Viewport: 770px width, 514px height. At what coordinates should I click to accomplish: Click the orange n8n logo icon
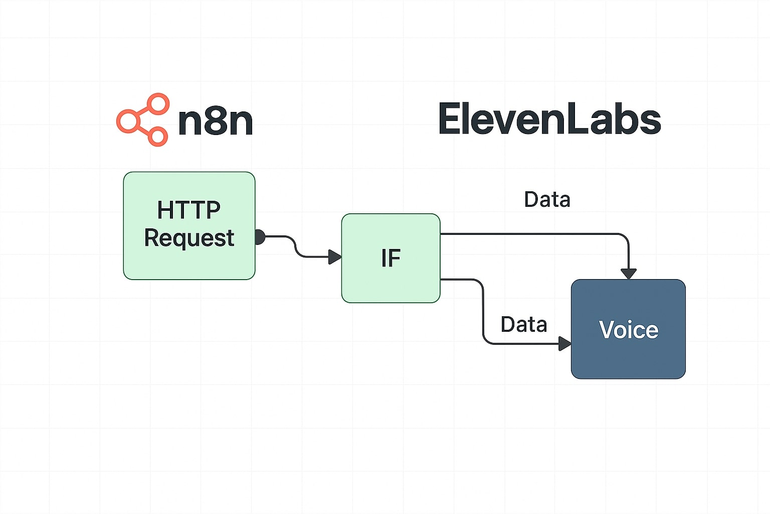click(142, 120)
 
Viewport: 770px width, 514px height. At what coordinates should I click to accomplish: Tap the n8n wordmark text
click(215, 121)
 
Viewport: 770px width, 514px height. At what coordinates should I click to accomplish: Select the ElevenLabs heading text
click(549, 119)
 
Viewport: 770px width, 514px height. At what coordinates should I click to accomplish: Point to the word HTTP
click(189, 210)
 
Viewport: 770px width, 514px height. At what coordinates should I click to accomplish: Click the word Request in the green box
click(189, 238)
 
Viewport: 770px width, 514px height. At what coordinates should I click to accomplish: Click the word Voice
click(628, 330)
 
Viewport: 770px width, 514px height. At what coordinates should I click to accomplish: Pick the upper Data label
click(547, 199)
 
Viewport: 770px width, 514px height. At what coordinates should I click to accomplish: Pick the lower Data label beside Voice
click(523, 324)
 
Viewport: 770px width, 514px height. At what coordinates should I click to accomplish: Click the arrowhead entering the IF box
click(334, 257)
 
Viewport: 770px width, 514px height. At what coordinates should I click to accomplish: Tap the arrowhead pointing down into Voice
click(628, 274)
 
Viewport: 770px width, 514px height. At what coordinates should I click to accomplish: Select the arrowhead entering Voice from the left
click(564, 344)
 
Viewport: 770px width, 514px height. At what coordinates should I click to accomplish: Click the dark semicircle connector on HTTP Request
click(259, 237)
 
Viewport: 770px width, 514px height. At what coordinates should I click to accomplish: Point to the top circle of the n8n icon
click(158, 104)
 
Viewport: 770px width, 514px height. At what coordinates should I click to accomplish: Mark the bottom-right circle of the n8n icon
click(157, 136)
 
